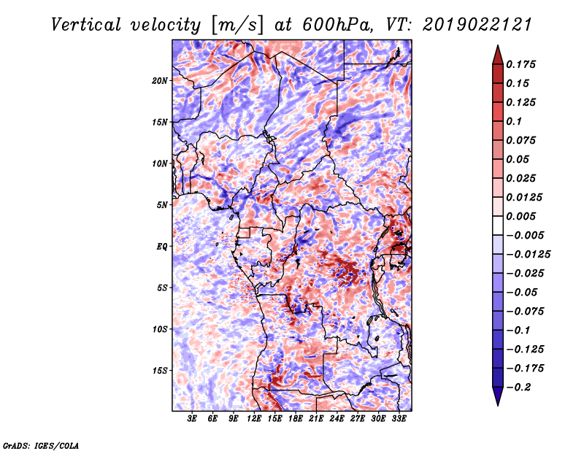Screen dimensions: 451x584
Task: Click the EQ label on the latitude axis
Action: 162,247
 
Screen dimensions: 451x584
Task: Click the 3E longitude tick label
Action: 193,420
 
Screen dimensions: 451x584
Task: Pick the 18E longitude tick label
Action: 296,420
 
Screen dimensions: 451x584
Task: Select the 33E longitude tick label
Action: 399,420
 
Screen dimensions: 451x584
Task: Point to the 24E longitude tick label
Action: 337,420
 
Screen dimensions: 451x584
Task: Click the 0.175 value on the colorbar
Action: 523,64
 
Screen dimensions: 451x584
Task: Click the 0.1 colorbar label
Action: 515,121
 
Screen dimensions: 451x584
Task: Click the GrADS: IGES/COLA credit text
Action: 40,444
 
